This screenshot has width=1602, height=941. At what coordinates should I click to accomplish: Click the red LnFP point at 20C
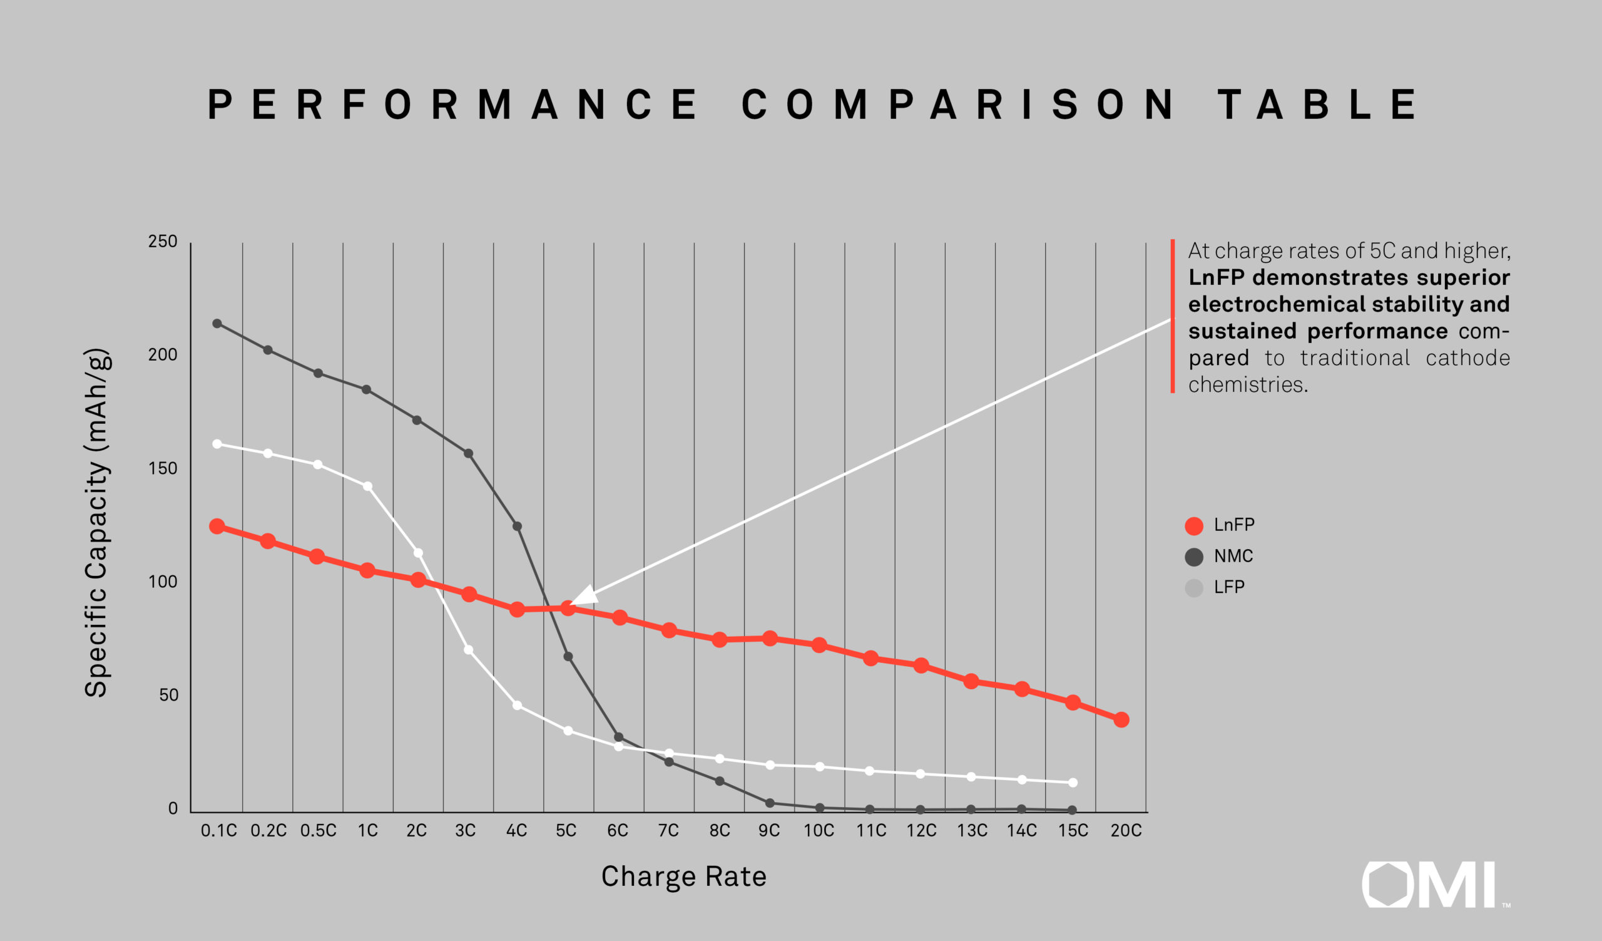tap(1121, 720)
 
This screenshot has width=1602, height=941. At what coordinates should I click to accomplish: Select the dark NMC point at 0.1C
tap(217, 324)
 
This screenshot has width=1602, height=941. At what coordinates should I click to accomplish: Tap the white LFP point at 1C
tap(367, 486)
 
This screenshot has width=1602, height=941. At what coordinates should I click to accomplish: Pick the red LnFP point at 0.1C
tap(217, 527)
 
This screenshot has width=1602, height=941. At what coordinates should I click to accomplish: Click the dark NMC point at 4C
tap(518, 527)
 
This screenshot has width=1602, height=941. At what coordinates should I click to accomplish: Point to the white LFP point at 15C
tap(1073, 783)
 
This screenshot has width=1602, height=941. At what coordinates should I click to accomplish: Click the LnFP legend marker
tap(1194, 526)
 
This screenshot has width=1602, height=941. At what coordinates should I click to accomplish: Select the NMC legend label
tap(1233, 557)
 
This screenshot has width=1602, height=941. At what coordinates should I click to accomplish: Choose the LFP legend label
tap(1229, 587)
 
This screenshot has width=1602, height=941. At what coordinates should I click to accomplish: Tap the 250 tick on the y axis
tap(163, 242)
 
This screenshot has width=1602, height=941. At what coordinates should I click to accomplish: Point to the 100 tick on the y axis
tap(163, 582)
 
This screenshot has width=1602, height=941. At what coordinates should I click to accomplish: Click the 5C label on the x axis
tap(566, 830)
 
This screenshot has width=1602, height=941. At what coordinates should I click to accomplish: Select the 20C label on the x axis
tap(1126, 830)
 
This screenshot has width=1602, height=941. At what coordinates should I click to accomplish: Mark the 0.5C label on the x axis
tap(319, 830)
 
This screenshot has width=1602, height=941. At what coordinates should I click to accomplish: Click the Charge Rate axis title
tap(684, 877)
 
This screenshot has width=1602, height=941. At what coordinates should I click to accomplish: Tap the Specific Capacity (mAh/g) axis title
tap(96, 523)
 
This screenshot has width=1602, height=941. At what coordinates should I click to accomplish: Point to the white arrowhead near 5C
tap(584, 596)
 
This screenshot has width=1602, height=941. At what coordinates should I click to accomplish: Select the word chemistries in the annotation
tap(1248, 384)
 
